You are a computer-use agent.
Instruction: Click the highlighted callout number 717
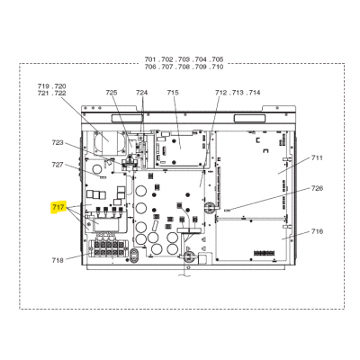click(x=58, y=207)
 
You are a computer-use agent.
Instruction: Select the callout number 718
click(x=58, y=260)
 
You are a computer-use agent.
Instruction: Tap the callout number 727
click(x=58, y=165)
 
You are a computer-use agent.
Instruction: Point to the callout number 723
click(x=58, y=142)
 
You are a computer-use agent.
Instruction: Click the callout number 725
click(x=112, y=93)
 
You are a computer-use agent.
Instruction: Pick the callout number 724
click(x=142, y=93)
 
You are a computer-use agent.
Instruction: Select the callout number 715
click(x=173, y=93)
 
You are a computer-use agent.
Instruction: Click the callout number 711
click(x=317, y=157)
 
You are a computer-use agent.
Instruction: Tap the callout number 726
click(x=317, y=188)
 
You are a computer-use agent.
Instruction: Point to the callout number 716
click(x=317, y=231)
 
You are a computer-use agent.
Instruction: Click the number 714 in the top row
click(x=255, y=93)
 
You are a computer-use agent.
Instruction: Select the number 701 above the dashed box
click(x=150, y=59)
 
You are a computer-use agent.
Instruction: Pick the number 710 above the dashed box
click(x=217, y=67)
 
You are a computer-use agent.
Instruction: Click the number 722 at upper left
click(x=60, y=94)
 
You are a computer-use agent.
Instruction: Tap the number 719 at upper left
click(x=43, y=86)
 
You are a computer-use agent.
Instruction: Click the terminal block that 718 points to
click(x=108, y=247)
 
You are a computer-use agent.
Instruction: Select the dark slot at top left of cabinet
click(x=127, y=119)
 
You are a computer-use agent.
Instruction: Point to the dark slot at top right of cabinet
click(x=250, y=119)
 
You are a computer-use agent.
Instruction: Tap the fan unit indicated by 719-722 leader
click(x=109, y=142)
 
